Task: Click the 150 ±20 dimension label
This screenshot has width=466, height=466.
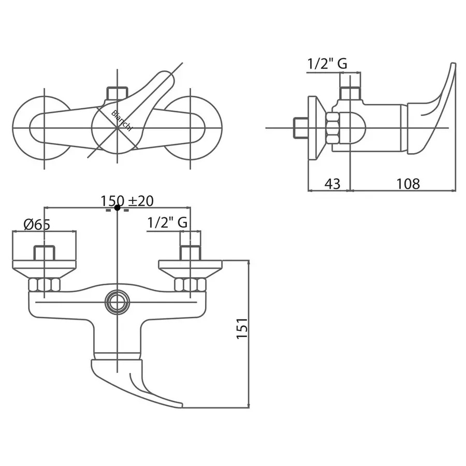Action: click(x=127, y=201)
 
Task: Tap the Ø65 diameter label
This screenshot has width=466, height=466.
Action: click(x=37, y=224)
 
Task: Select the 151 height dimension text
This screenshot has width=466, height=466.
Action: click(x=242, y=328)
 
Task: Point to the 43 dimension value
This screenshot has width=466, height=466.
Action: click(x=332, y=184)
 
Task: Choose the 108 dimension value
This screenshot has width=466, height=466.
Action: click(x=409, y=184)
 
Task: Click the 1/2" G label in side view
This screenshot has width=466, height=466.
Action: click(x=327, y=64)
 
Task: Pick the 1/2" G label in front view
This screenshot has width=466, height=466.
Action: click(x=167, y=222)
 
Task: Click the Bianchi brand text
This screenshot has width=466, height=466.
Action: click(x=122, y=120)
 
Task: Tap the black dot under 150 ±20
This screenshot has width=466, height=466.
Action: click(x=118, y=208)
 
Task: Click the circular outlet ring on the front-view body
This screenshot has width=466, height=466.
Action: click(x=118, y=302)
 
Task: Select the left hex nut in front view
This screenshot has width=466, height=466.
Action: click(x=45, y=285)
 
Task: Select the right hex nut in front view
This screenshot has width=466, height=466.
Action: click(x=190, y=285)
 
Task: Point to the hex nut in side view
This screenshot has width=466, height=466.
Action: click(x=333, y=128)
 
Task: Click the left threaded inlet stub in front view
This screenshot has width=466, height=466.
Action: click(x=45, y=253)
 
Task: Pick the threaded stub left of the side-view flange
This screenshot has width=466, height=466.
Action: click(x=301, y=128)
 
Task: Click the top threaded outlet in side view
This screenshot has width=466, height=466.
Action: click(x=351, y=93)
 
